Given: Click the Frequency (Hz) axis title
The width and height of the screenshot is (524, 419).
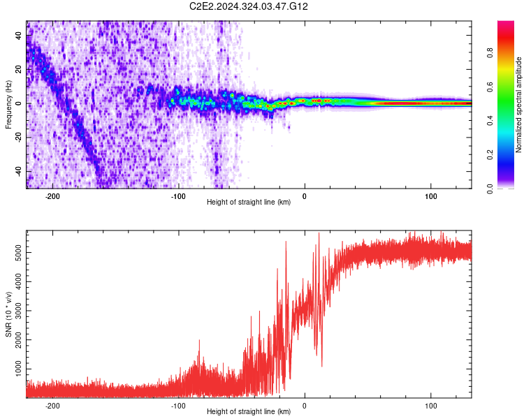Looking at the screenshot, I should click(x=8, y=105).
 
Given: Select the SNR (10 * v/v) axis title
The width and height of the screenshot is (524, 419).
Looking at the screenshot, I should click(x=8, y=314).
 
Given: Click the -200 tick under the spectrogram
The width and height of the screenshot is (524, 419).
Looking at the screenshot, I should click(x=52, y=196).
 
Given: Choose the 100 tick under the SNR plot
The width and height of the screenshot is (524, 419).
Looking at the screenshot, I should click(x=431, y=405).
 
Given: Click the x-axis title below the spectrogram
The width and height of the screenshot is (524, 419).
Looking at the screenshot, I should click(x=249, y=203).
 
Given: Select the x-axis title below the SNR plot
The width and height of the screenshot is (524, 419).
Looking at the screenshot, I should click(x=249, y=412).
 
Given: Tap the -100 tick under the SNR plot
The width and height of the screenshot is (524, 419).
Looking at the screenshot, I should click(x=178, y=405).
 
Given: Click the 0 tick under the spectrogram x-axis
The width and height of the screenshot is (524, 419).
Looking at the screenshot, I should click(x=305, y=196).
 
